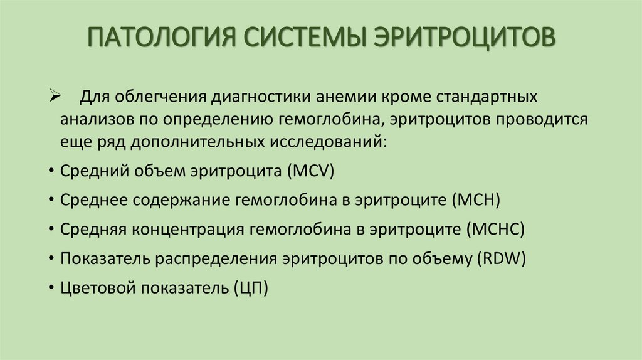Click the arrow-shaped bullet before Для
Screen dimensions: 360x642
coord(53,98)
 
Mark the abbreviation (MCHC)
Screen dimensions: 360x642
coord(495,229)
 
